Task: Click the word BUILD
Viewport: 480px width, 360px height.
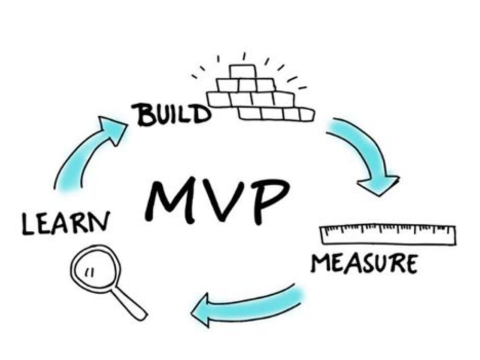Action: tap(172, 115)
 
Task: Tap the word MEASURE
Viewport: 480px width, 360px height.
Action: tap(364, 264)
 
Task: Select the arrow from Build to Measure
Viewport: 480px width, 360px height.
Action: tap(367, 153)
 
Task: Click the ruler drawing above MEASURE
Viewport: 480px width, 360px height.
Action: tap(387, 235)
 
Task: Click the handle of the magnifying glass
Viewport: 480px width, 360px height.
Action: tap(130, 302)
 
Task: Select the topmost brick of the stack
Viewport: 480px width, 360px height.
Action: tap(243, 72)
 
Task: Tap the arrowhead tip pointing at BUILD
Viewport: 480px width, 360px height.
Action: tap(127, 124)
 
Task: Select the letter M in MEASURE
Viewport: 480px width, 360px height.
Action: tap(320, 263)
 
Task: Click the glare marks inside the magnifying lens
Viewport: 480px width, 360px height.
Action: tap(89, 272)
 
